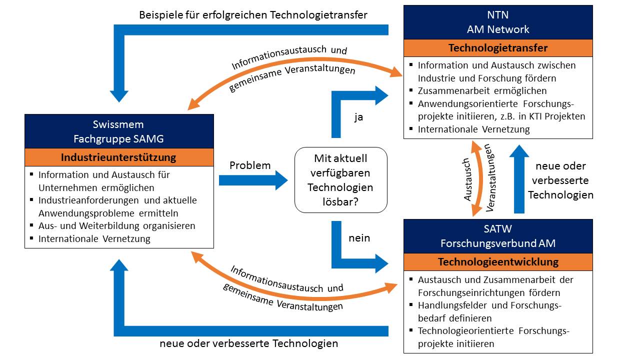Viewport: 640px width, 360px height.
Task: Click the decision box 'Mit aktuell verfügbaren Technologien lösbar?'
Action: point(341,180)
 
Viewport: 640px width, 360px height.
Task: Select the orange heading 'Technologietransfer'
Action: point(498,48)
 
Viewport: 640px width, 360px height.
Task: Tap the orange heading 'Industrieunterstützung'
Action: point(119,157)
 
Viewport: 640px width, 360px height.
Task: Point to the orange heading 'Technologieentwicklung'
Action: point(498,262)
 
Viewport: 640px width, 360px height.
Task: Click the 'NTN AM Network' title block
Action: point(498,22)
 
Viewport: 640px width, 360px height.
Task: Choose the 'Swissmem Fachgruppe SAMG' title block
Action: point(119,131)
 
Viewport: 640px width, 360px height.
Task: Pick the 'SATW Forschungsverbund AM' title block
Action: point(498,236)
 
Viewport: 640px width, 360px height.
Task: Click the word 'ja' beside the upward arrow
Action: point(358,117)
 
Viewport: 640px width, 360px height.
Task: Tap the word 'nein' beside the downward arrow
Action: point(359,238)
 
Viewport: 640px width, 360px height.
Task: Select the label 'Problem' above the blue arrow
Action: point(250,165)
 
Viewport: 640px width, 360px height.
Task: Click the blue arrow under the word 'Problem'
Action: point(253,180)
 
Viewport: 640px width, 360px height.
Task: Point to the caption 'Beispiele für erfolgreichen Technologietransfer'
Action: point(253,15)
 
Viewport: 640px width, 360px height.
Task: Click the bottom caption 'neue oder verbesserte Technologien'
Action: point(249,343)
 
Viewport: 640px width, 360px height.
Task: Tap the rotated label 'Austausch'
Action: point(467,179)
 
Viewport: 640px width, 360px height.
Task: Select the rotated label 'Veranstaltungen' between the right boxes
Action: point(490,177)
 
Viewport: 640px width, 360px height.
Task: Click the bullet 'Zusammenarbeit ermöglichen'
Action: point(482,91)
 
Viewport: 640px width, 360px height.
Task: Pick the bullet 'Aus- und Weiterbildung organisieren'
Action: point(117,226)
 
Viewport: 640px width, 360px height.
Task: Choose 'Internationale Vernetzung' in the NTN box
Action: point(473,129)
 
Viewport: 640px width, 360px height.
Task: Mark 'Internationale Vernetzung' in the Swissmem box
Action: point(94,239)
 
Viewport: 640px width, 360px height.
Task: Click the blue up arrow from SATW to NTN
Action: point(519,179)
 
